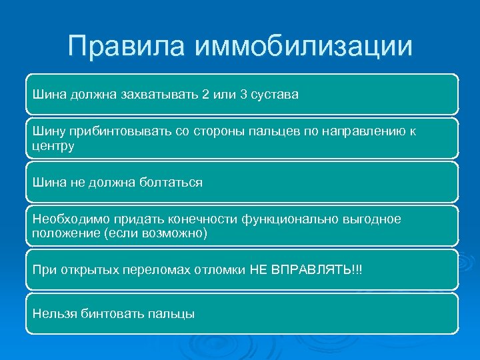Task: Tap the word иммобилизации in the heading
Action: (303, 47)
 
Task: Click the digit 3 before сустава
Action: (243, 95)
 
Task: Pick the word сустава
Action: (276, 95)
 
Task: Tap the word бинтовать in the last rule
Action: (109, 313)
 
